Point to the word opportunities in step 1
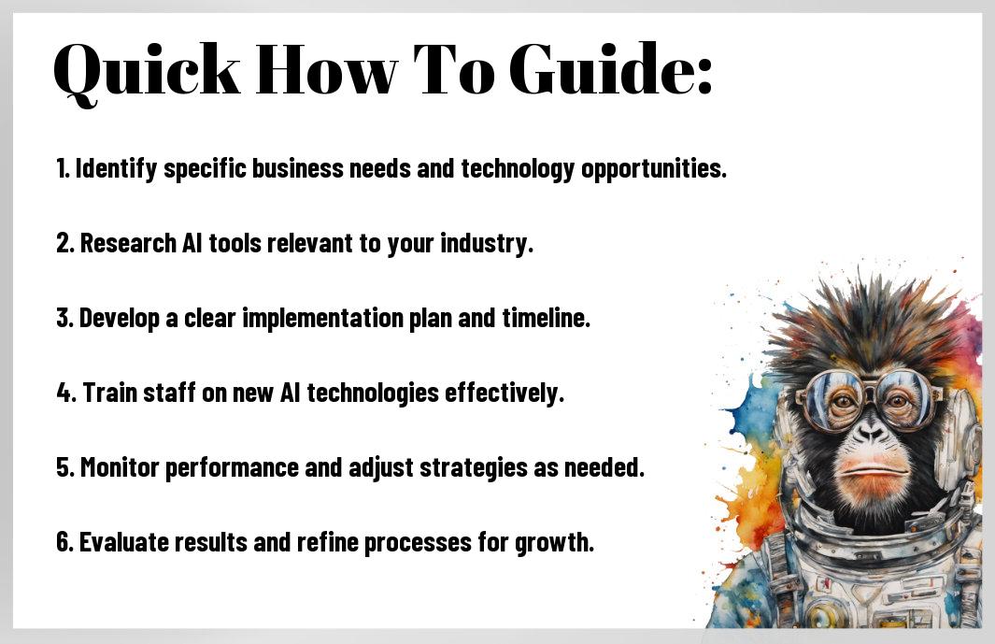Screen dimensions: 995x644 654,169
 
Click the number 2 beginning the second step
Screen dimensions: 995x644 63,243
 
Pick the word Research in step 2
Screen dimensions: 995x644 128,243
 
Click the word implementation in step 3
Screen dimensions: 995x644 322,318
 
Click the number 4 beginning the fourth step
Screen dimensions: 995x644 64,393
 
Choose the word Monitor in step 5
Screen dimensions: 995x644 120,467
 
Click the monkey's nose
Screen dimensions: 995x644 870,433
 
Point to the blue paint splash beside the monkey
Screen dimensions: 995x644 756,407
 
